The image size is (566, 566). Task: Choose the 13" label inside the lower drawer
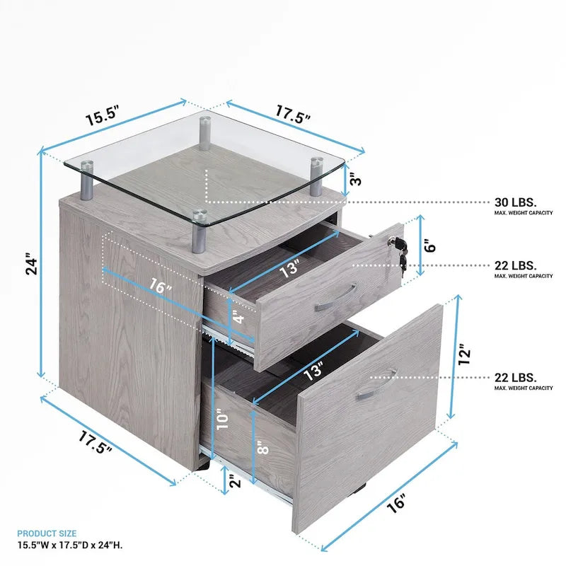coord(313,371)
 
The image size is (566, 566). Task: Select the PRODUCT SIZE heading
coord(47,533)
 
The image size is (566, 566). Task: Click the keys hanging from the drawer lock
coord(401,252)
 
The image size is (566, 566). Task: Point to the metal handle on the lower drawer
coord(375,384)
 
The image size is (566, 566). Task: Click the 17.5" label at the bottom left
coord(95,444)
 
